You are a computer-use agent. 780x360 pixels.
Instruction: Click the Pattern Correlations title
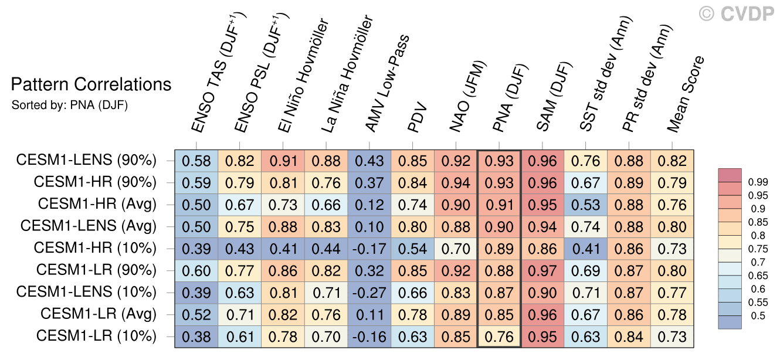91,85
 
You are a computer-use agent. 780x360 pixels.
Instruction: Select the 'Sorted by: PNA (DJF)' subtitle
70,106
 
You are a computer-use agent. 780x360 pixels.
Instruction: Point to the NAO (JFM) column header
467,97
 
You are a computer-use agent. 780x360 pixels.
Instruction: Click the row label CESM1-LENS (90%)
86,160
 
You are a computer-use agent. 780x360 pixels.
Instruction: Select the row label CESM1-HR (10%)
95,247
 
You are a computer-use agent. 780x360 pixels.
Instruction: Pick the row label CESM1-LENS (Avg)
89,226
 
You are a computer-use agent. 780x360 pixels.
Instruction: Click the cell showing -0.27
369,292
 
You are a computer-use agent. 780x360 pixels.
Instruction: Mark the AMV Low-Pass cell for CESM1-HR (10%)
369,248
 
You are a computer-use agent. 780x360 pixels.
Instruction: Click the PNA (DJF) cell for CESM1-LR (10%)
499,337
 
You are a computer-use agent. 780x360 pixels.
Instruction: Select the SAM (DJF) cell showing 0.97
542,270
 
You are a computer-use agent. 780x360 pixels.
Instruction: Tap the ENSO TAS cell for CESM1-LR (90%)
196,270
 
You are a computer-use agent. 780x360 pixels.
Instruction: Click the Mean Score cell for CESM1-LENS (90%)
672,160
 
